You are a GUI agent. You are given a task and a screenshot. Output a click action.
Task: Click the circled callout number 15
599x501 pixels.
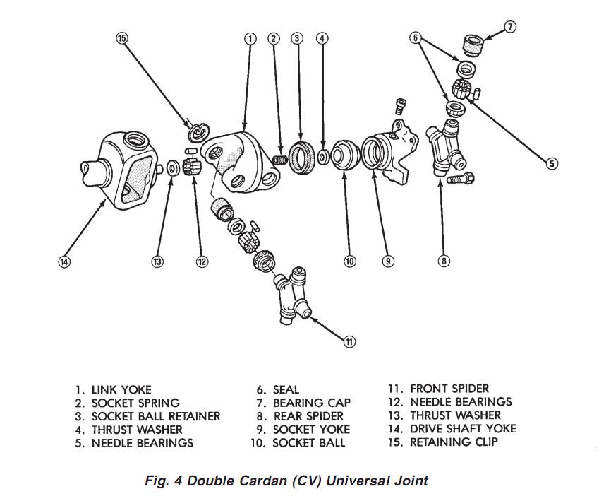(122, 38)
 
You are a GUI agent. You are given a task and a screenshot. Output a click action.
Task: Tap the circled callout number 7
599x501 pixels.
(510, 28)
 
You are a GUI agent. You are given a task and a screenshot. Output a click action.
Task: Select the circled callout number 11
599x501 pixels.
(349, 342)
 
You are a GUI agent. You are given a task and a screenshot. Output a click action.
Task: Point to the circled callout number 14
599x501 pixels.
(64, 261)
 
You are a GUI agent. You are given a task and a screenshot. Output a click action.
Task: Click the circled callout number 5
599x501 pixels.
(552, 164)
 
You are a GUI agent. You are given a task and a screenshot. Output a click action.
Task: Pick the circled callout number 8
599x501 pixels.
(444, 261)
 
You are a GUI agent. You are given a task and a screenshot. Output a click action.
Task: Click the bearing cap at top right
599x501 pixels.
(473, 48)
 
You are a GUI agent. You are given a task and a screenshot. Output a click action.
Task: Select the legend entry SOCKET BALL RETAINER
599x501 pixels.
(155, 416)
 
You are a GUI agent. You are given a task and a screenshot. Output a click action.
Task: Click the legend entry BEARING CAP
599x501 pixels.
(311, 403)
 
